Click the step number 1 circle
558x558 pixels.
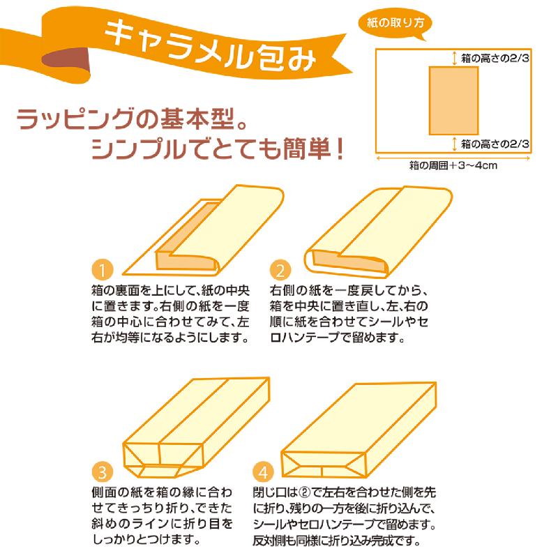(x=103, y=270)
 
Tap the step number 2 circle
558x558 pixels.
(x=280, y=270)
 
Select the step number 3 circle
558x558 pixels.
(x=103, y=472)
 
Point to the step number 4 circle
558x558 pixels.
(x=264, y=472)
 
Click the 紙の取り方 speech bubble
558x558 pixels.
(x=395, y=24)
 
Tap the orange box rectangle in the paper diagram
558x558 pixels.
(x=453, y=100)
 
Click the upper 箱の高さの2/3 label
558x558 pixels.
(x=495, y=58)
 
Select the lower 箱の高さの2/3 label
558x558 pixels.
(x=495, y=144)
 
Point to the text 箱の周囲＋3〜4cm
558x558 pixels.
(x=453, y=165)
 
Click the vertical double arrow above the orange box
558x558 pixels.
(x=454, y=58)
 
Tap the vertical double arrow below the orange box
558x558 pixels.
(x=454, y=144)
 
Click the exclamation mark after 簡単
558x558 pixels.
(x=339, y=149)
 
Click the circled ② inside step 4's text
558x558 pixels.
(x=304, y=492)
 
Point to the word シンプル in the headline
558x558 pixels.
(x=139, y=149)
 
